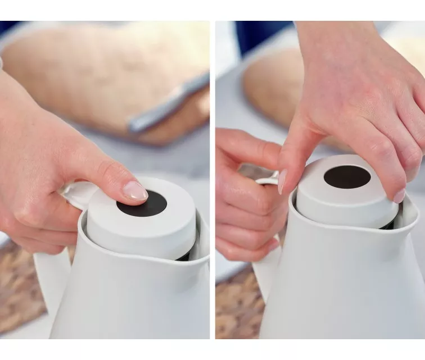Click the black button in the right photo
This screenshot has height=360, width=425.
coord(347,177)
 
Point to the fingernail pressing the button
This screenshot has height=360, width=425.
coord(135,192)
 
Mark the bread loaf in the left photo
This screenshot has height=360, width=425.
coord(84,67)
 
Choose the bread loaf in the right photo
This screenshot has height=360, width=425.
coord(270,84)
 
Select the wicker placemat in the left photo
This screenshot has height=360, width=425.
coord(22,292)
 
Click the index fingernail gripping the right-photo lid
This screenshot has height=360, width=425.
coord(282,181)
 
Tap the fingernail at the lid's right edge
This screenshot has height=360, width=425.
coord(399,196)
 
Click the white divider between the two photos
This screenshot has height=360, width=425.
coord(213,180)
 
